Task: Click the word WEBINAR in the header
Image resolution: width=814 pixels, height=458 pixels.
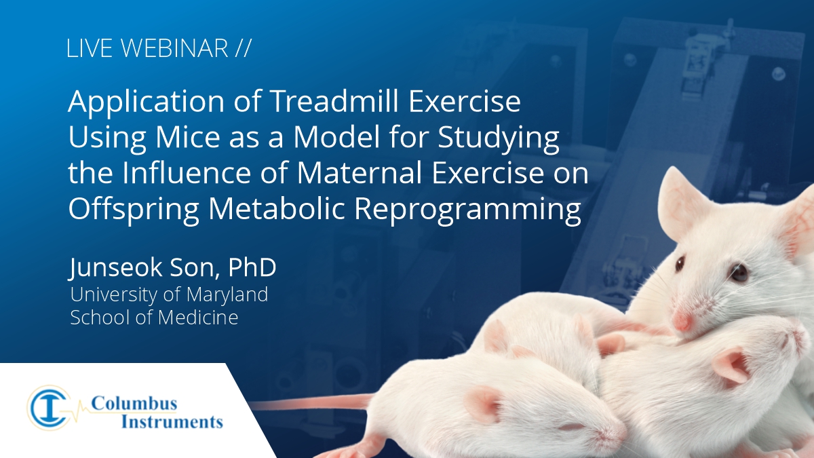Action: pyautogui.click(x=174, y=47)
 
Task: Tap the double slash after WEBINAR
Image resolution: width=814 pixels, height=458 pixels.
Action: pyautogui.click(x=243, y=47)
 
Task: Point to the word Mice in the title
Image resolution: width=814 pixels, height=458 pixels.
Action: pyautogui.click(x=188, y=137)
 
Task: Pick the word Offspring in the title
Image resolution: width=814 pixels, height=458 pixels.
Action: pyautogui.click(x=134, y=210)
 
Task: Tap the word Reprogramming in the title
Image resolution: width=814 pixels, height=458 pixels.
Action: pyautogui.click(x=467, y=210)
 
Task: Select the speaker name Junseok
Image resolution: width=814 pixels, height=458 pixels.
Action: pyautogui.click(x=115, y=267)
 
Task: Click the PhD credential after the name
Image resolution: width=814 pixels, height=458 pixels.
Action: pyautogui.click(x=252, y=267)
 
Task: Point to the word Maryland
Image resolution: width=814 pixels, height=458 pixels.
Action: pyautogui.click(x=227, y=294)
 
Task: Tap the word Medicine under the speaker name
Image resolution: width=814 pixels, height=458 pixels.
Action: pyautogui.click(x=198, y=317)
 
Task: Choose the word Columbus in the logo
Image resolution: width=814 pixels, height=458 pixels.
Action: pyautogui.click(x=134, y=404)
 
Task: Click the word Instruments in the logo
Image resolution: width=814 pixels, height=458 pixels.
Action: pyautogui.click(x=172, y=422)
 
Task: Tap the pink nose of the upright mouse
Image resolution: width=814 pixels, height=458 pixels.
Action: pyautogui.click(x=682, y=322)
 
